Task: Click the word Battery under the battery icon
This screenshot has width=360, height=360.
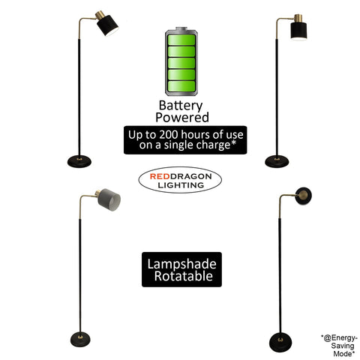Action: click(181, 106)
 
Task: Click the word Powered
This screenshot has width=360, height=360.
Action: click(182, 117)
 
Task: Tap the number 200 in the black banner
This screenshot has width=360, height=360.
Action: click(169, 134)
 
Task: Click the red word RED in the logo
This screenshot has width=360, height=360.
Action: click(160, 176)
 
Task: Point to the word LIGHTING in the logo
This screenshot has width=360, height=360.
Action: click(181, 185)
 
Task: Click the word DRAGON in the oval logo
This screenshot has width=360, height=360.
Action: click(190, 176)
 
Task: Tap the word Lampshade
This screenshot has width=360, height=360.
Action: click(181, 264)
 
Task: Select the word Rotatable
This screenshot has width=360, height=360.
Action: click(184, 276)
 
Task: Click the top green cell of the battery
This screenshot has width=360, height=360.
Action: click(181, 40)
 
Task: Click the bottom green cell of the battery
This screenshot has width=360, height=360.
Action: click(181, 86)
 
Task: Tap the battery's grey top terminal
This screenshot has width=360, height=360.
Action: click(181, 28)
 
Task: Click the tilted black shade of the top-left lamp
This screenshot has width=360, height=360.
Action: click(107, 25)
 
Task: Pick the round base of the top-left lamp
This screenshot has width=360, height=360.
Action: click(79, 161)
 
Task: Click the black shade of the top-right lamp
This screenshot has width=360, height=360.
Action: click(298, 31)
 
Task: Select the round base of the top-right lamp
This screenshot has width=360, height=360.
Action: click(277, 161)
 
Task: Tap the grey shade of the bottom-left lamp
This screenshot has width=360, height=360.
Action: click(109, 199)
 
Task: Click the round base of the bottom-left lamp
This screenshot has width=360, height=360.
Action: click(80, 340)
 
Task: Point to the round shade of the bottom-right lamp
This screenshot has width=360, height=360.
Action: click(303, 196)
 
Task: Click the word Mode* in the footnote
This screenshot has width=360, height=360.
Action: click(343, 353)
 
